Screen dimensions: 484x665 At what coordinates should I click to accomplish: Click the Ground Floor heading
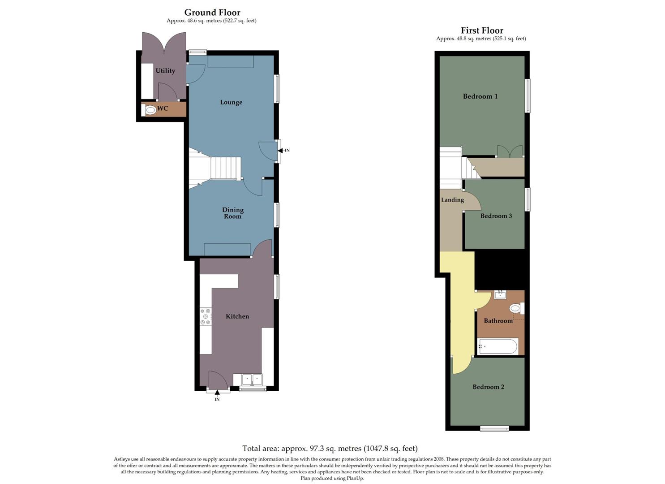click(212, 13)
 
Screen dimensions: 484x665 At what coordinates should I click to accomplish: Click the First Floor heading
click(482, 30)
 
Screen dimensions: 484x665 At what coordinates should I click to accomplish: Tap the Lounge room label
click(231, 102)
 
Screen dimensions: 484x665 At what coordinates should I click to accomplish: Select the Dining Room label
click(233, 213)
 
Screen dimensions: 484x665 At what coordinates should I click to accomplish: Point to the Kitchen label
click(237, 316)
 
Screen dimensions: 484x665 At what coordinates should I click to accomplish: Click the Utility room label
click(165, 71)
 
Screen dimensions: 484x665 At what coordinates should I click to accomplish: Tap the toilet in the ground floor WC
click(150, 110)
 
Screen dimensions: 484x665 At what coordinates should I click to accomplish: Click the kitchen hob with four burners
click(206, 316)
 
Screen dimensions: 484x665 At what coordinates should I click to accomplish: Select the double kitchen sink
click(252, 380)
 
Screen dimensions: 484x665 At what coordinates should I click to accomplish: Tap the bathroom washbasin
click(499, 294)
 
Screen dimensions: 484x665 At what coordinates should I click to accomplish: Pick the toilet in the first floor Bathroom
click(516, 308)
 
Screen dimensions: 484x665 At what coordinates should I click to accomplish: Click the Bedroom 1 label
click(480, 96)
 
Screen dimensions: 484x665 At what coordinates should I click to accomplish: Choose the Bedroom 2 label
click(488, 387)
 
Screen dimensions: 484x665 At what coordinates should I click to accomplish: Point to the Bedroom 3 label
click(496, 216)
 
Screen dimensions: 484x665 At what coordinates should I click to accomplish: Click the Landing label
click(452, 200)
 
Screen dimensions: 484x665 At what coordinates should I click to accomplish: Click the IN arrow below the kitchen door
click(217, 394)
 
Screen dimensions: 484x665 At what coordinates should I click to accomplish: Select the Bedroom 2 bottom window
click(494, 429)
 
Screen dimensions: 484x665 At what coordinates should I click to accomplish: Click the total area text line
click(330, 448)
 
